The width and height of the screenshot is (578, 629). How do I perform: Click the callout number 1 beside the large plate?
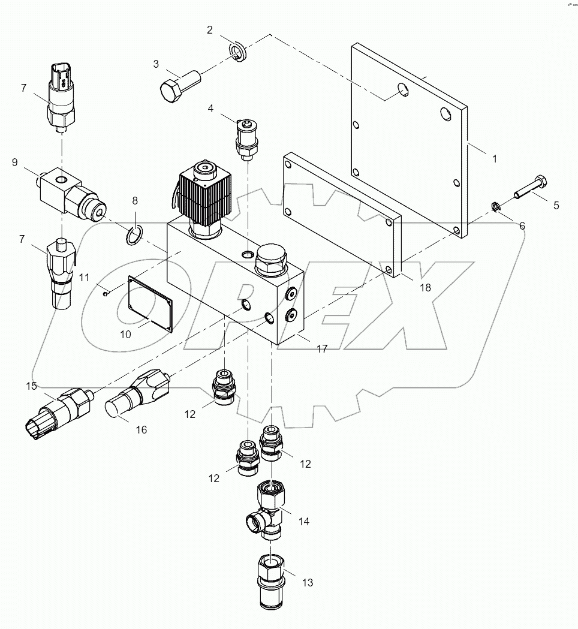point(494,159)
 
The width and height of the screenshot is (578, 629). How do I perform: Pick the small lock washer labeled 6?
point(496,207)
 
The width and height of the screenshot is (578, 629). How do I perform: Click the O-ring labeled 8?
point(135,234)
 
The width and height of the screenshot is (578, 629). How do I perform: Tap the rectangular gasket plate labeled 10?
point(150,303)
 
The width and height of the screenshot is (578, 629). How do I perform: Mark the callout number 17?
point(322,349)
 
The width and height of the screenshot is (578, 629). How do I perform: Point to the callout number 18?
point(425,287)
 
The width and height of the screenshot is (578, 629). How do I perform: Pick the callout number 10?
point(125,335)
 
